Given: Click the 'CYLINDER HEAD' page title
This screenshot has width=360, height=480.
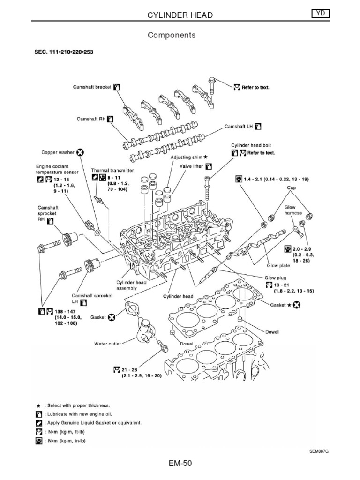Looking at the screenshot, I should (180, 15).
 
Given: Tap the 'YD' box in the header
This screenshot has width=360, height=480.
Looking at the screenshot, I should (320, 15).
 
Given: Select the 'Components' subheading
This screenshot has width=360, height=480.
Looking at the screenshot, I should (172, 35).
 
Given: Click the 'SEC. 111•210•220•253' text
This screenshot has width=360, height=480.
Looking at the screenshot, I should (63, 52).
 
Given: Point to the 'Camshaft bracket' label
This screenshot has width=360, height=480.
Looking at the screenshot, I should (92, 87).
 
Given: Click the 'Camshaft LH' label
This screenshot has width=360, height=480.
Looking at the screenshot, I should (239, 127).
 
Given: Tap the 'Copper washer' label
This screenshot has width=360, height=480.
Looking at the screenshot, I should (58, 152).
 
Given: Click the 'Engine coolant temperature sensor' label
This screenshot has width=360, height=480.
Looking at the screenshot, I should (56, 169).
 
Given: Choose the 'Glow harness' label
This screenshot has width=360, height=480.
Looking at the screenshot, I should (293, 210).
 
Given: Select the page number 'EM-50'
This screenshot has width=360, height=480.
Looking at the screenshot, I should (180, 464).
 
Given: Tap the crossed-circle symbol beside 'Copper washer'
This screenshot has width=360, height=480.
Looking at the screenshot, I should (80, 152).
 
